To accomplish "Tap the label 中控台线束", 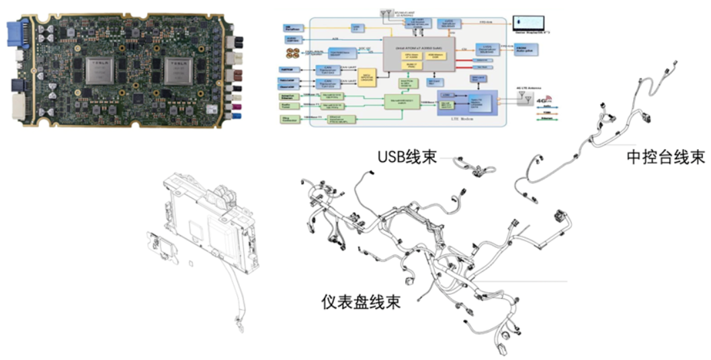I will click(665, 157).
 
